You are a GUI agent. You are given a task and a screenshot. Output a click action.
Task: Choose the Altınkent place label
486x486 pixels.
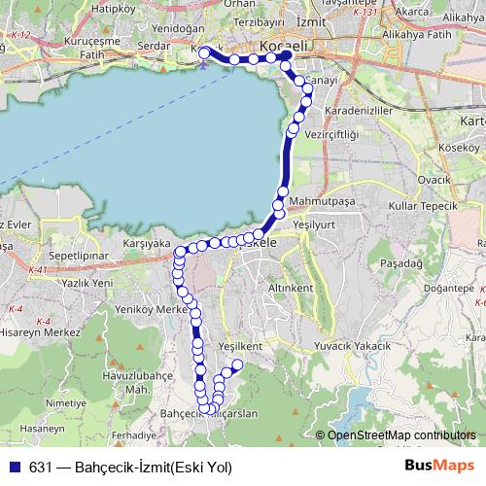tap(290, 290)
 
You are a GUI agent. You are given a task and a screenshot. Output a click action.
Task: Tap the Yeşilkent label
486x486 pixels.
tap(241, 346)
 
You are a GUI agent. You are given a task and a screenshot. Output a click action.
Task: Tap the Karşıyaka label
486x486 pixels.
tap(148, 242)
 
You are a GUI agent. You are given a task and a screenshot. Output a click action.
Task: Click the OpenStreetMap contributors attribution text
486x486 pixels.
tap(400, 436)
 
